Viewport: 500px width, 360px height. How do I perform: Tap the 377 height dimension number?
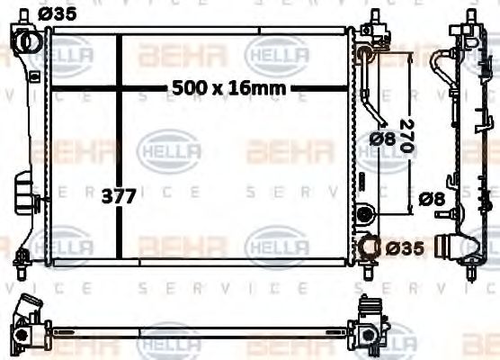[x=119, y=196]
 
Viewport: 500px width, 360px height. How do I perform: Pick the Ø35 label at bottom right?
[x=406, y=246]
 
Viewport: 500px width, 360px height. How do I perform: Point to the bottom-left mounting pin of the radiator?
[x=21, y=270]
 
